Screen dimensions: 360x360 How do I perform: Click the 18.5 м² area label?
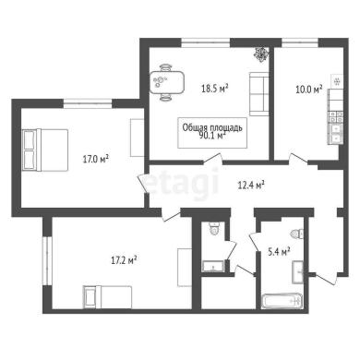(215, 89)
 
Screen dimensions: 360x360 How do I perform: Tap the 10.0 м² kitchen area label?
(309, 90)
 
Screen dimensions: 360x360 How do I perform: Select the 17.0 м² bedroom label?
(96, 159)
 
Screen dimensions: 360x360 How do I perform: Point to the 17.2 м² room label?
(124, 260)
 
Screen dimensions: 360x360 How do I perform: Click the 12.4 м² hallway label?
(251, 186)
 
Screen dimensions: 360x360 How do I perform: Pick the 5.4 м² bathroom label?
(279, 252)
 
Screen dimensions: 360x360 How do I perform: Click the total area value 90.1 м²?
(213, 136)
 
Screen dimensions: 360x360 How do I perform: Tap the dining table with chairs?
(166, 82)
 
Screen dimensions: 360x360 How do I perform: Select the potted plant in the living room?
(261, 54)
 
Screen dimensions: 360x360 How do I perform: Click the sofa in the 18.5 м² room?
(259, 94)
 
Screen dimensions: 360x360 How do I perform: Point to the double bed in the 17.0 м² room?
(45, 150)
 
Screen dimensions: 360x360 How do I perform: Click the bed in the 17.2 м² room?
(107, 297)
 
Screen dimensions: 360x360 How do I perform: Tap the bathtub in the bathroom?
(281, 301)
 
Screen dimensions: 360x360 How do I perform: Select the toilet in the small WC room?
(214, 228)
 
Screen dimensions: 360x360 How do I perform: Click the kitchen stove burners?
(336, 116)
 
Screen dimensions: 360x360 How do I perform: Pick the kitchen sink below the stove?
(336, 133)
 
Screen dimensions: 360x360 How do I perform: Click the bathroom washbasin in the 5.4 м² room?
(298, 271)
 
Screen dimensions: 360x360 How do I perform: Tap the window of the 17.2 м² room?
(47, 260)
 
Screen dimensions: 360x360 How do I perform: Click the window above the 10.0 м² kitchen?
(300, 42)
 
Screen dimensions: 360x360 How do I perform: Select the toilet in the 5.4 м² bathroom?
(297, 234)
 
